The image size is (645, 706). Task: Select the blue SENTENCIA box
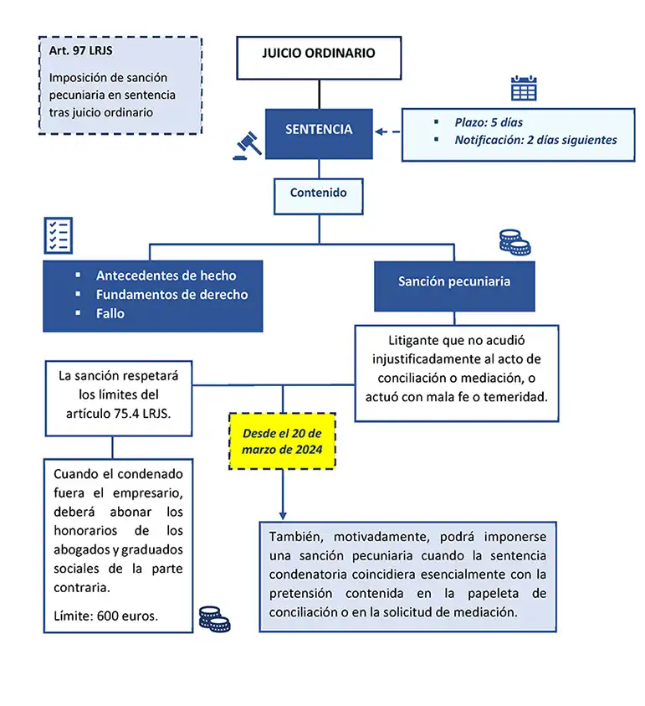point(318,130)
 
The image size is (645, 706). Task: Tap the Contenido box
point(318,193)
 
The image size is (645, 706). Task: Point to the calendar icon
point(524,88)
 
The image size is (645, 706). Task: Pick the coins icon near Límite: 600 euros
point(214,619)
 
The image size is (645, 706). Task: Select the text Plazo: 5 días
point(489,122)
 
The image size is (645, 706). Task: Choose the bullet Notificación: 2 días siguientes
point(535,140)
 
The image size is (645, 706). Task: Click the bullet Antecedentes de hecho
point(166,276)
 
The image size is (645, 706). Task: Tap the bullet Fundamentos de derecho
point(171,294)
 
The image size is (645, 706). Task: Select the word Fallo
point(110,313)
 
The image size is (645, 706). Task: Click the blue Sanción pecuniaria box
point(453,281)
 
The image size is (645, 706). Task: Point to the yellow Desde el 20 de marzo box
point(282,441)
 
